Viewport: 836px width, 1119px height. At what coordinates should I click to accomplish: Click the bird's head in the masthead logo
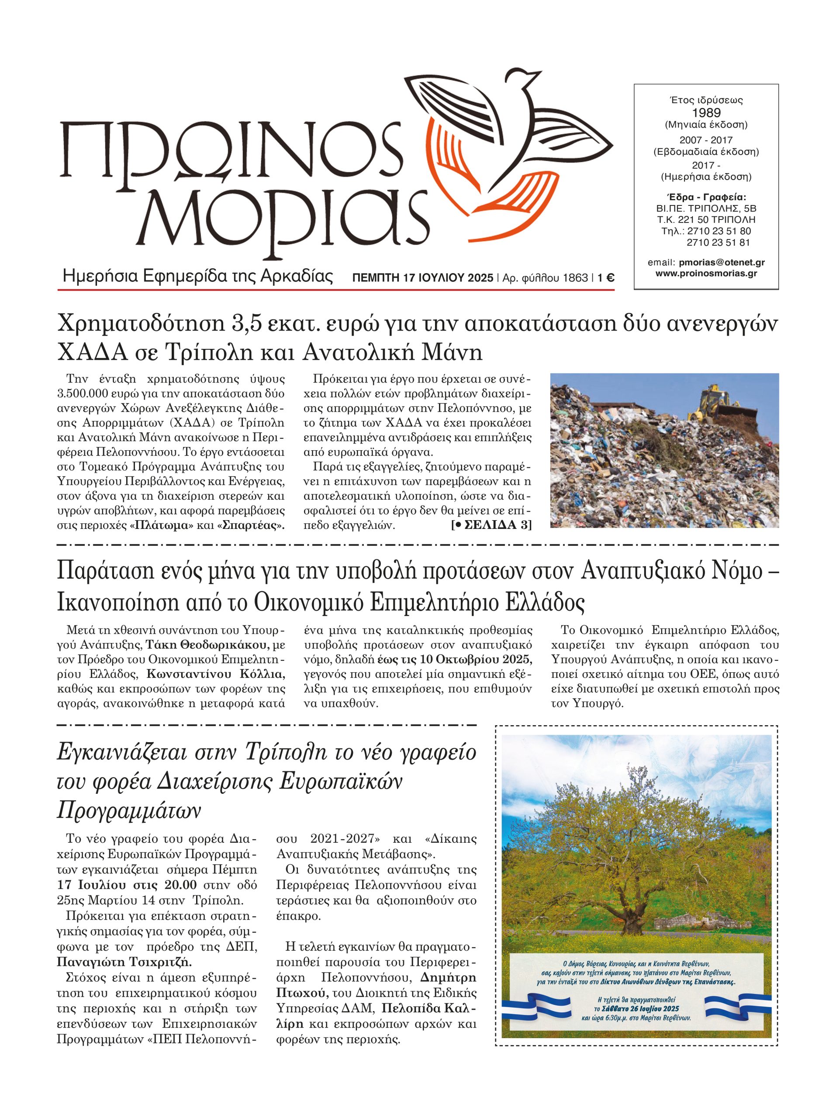pyautogui.click(x=529, y=80)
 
